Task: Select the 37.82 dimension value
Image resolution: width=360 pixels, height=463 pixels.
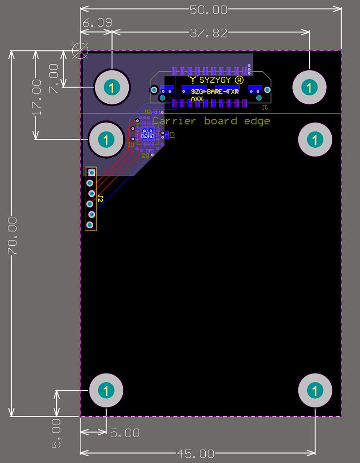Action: pos(208,33)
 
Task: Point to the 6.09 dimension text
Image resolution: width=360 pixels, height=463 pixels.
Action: pos(97,23)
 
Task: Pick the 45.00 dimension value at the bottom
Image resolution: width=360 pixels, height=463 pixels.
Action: pos(196,454)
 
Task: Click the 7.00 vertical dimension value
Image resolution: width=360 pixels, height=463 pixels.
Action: pos(54,79)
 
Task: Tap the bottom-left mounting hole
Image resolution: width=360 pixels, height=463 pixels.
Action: pos(106,390)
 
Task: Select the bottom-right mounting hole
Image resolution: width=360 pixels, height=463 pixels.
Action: pos(316,390)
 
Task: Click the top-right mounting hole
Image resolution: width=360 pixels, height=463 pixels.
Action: pos(309,87)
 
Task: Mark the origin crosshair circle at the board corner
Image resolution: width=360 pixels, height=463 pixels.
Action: pos(81,50)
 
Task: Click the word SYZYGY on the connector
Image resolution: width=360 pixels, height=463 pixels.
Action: pos(215,80)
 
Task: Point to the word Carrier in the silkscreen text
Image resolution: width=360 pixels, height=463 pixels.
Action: pos(172,121)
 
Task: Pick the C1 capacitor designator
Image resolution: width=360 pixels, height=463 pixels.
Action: pos(172,135)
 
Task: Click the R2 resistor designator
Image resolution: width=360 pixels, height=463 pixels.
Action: pos(145,156)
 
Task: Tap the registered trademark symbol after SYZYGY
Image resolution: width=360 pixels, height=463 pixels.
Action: pos(239,80)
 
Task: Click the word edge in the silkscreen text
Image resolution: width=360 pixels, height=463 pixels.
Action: pos(257,121)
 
